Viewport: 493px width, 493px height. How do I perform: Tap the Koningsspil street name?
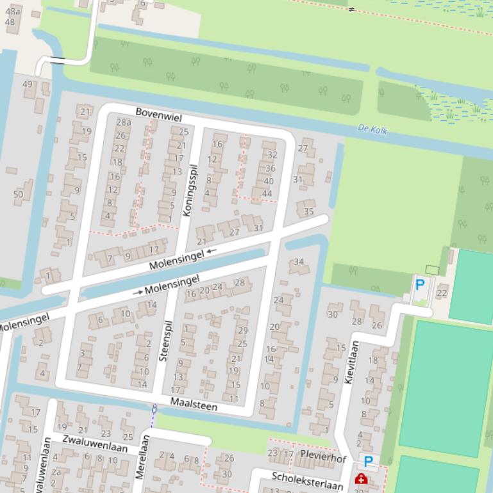point(190,190)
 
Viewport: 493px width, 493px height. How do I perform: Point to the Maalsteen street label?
point(194,406)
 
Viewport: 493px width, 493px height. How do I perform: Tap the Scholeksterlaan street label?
point(307,481)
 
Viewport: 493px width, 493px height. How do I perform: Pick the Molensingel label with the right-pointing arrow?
point(167,286)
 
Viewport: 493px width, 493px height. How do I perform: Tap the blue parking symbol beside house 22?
point(420,284)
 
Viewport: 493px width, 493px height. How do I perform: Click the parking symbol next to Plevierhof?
point(368,461)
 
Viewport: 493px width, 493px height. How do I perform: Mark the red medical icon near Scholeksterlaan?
point(360,479)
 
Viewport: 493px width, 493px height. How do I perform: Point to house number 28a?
point(124,122)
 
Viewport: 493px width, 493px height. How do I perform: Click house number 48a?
point(13,12)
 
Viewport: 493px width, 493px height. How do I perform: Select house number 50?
point(18,195)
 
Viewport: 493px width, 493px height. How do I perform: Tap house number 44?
point(267,193)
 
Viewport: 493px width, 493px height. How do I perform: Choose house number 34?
point(298,262)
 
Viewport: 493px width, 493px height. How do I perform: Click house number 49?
point(27,85)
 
